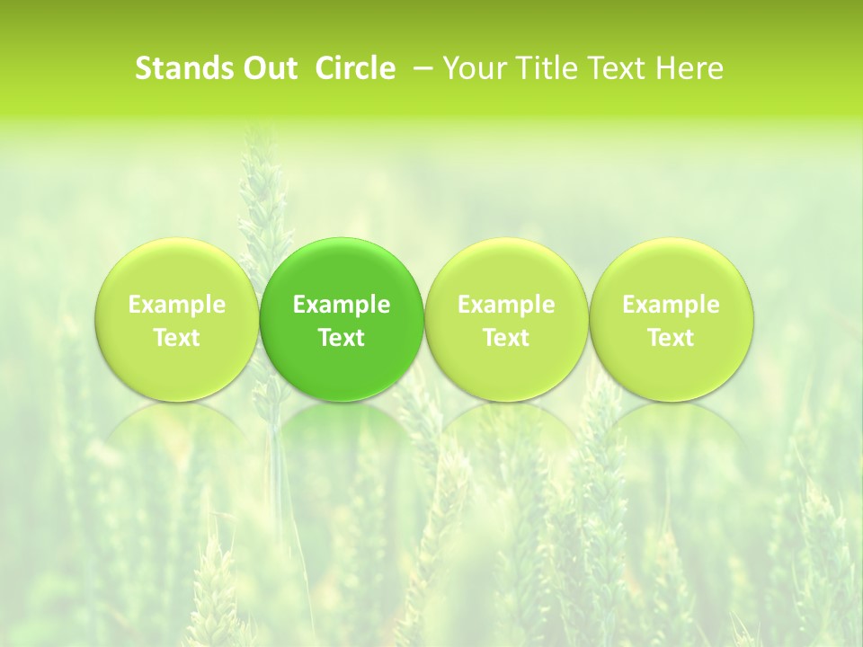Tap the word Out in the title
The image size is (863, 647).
coord(270,68)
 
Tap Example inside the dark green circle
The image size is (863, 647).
coord(342,305)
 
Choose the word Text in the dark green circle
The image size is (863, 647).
coord(342,338)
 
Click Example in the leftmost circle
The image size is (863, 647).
coord(176,305)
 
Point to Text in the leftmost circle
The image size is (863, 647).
coord(176,338)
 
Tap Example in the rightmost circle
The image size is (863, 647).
coord(672,305)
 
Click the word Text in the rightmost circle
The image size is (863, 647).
coord(672,338)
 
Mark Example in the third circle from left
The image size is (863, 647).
coord(506,305)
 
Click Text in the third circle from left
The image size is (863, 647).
coord(506,338)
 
